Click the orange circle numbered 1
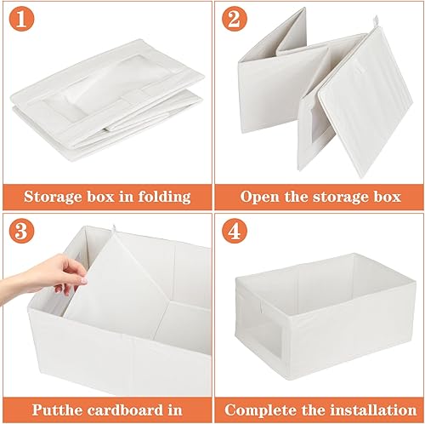point(21,19)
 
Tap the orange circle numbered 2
point(235,19)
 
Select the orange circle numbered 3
point(21,231)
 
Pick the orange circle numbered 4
point(235,231)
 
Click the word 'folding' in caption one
point(165,197)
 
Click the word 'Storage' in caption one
point(53,197)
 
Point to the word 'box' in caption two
point(388,197)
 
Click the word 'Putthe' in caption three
point(58,410)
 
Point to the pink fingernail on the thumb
point(84,281)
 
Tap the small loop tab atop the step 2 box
point(376,21)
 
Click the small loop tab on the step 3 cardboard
point(114,228)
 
